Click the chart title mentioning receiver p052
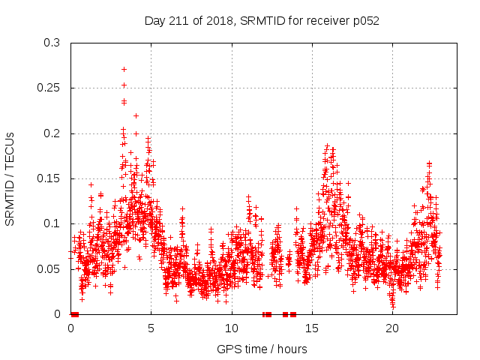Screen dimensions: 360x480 (262, 21)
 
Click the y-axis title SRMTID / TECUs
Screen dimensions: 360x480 (10, 178)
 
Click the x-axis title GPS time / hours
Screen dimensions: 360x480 (262, 349)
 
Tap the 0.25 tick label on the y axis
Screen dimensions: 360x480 (49, 88)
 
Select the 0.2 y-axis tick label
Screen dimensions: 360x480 (52, 133)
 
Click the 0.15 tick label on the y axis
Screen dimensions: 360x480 (49, 178)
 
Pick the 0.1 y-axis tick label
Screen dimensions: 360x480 (52, 223)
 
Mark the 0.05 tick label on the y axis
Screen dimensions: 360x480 (49, 268)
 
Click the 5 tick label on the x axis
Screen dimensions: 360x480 (151, 328)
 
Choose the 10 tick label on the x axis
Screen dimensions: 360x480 (232, 328)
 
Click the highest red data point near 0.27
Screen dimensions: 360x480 (124, 69)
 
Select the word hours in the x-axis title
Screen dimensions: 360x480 (291, 349)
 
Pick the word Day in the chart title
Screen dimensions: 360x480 (154, 21)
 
